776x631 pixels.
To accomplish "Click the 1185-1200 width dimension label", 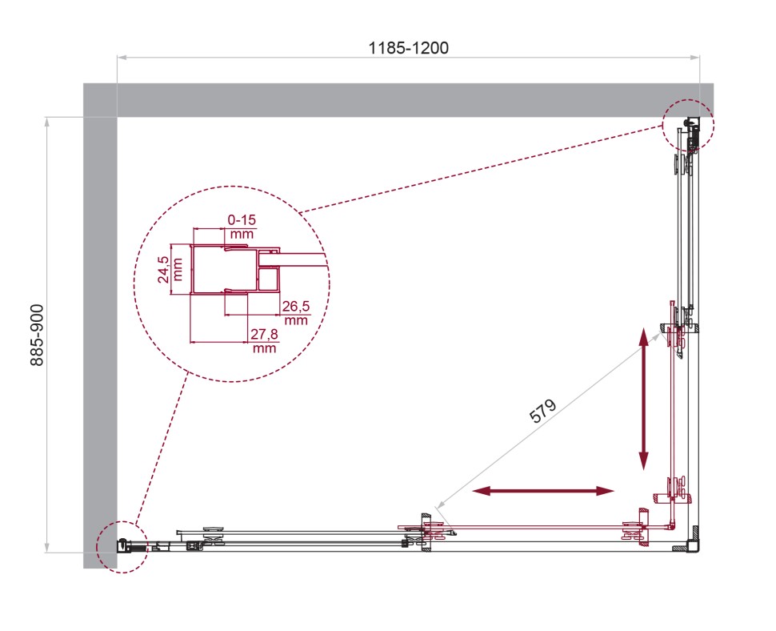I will tap(408, 48).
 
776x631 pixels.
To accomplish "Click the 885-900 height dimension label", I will tap(37, 335).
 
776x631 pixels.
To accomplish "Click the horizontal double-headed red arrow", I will tap(543, 490).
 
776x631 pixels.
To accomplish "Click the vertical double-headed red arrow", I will tap(643, 398).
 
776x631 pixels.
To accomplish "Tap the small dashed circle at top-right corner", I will tap(688, 125).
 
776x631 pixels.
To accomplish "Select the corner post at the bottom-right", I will tap(693, 541).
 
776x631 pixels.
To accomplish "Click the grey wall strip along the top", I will tap(400, 100).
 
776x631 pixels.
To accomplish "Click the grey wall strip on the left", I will tap(100, 336).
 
